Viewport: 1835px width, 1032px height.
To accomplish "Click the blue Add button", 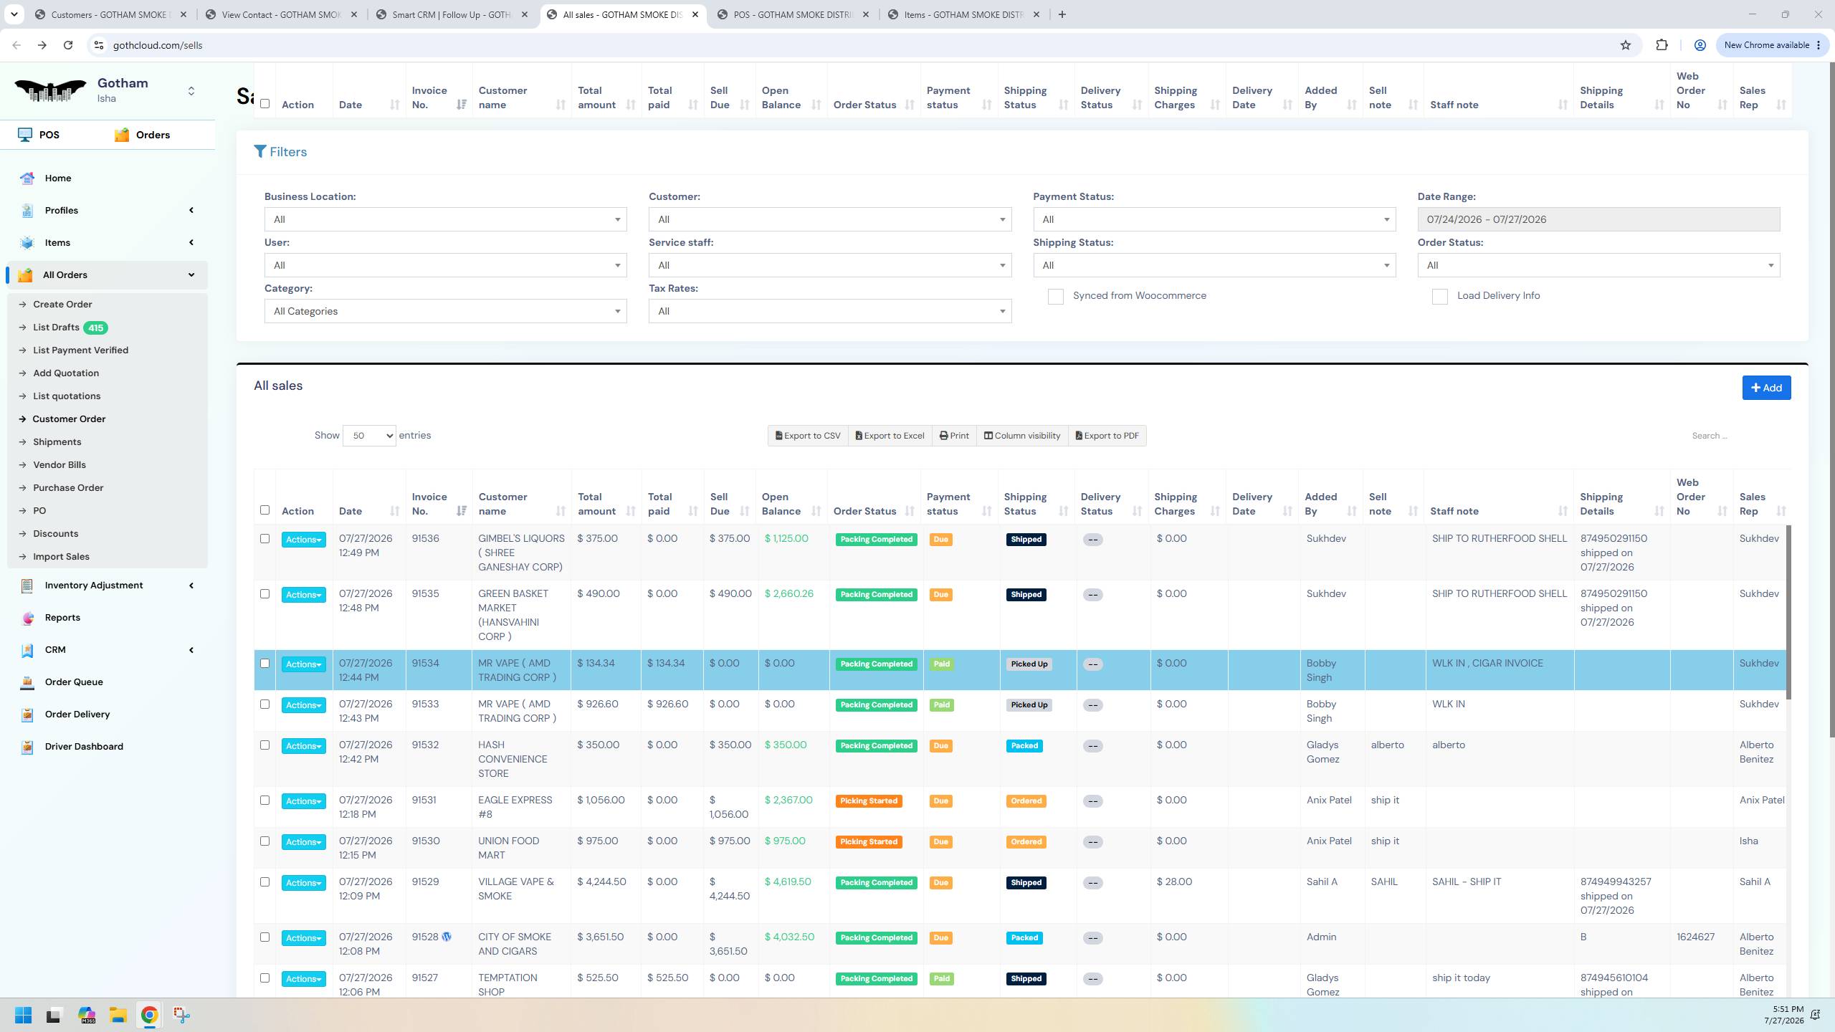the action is click(1766, 388).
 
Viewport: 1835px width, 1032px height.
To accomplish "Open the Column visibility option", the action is click(1021, 436).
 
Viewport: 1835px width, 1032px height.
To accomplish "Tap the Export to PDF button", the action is click(1107, 436).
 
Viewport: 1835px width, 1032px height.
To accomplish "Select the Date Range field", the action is click(1598, 219).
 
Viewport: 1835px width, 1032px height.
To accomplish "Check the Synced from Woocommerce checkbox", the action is click(1055, 297).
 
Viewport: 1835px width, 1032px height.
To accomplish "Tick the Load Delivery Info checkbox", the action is click(1439, 297).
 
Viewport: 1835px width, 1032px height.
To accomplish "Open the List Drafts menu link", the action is click(56, 328).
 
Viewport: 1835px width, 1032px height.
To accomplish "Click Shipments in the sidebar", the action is click(57, 442).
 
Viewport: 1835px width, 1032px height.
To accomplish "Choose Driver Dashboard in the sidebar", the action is click(84, 747).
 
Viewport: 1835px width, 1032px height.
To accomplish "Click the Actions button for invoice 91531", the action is click(303, 801).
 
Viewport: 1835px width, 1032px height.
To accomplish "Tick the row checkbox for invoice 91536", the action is click(264, 539).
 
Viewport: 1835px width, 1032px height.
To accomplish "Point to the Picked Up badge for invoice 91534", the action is click(1029, 664).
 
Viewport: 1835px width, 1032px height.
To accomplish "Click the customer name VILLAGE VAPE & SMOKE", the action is click(516, 889).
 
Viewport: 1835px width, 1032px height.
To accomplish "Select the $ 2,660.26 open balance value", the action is click(788, 594).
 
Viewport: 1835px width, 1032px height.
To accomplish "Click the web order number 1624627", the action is click(1695, 937).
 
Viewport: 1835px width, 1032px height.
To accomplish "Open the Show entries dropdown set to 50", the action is click(369, 436).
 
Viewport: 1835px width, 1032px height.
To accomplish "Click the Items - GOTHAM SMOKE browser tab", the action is click(964, 14).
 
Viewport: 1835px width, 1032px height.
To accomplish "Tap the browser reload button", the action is click(68, 45).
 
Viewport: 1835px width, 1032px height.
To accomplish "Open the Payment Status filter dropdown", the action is click(1214, 219).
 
